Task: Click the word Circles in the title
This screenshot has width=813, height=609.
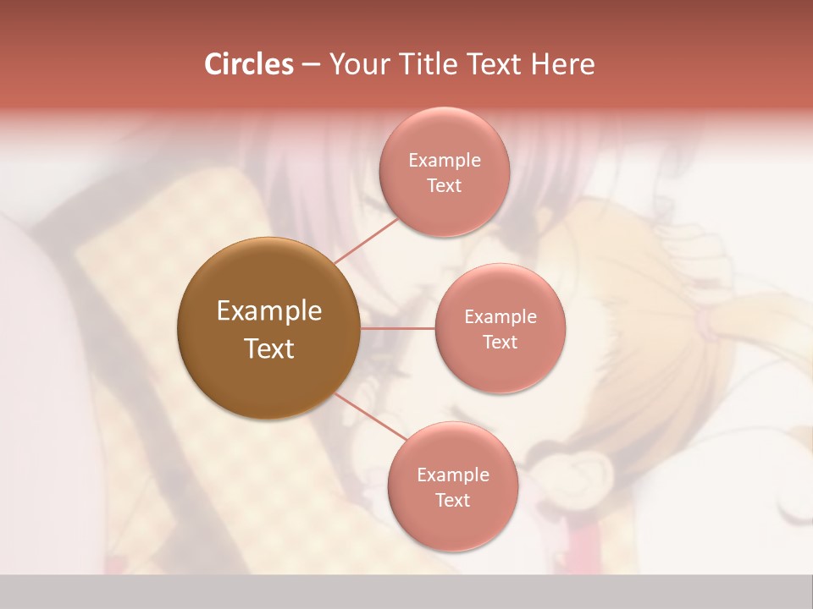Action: pos(249,64)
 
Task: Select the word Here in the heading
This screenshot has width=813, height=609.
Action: pos(562,64)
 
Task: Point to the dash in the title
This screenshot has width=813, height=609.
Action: pos(311,65)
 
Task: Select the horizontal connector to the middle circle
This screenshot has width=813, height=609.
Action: pos(398,328)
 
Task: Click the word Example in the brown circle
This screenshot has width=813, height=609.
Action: pos(269,311)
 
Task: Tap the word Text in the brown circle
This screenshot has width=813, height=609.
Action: pos(269,348)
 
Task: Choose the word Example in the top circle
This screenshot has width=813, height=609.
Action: pos(445,161)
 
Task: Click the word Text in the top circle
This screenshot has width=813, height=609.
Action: pos(445,185)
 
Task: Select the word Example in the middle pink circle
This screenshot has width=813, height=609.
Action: pos(501,317)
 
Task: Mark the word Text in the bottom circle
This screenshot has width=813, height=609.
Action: pos(453,500)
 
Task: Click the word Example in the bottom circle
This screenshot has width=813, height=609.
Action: pos(453,475)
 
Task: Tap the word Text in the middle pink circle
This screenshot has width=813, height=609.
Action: pos(501,342)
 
